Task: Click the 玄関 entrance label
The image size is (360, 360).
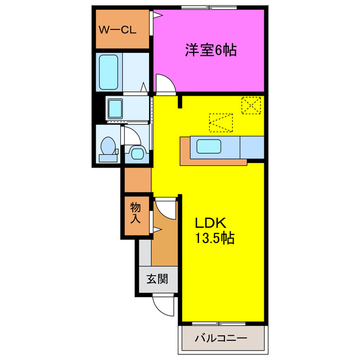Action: (157, 280)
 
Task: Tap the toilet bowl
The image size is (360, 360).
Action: (106, 146)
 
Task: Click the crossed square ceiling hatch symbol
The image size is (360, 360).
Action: (251, 105)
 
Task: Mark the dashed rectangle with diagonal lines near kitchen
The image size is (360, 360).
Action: (220, 122)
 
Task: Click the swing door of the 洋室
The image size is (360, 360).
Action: (165, 84)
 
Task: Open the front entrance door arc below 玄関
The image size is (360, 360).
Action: (164, 307)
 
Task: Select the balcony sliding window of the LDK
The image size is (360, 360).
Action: (220, 323)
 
